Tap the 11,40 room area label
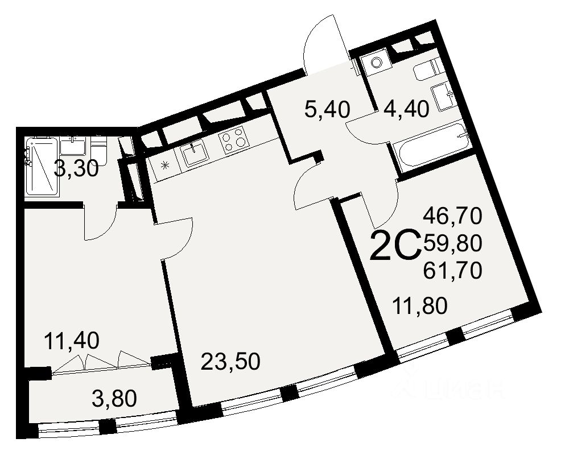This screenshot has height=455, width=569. pyautogui.click(x=72, y=341)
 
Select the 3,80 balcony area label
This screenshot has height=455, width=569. pyautogui.click(x=114, y=399)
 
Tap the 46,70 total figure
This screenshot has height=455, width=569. pyautogui.click(x=453, y=216)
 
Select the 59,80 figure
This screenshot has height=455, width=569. pyautogui.click(x=453, y=243)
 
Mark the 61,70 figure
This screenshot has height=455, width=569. pyautogui.click(x=453, y=270)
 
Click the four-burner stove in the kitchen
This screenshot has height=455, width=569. pyautogui.click(x=234, y=140)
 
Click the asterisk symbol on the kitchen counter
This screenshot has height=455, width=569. pyautogui.click(x=165, y=166)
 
